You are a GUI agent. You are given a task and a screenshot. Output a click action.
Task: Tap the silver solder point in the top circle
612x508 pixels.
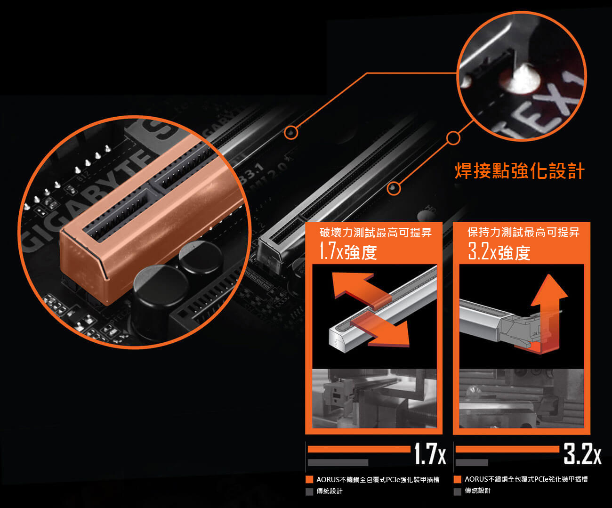(x=520, y=79)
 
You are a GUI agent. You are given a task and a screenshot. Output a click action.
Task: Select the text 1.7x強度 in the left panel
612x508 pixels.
(x=348, y=251)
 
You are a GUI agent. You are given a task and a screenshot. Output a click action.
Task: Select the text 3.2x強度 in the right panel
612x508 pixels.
(x=499, y=251)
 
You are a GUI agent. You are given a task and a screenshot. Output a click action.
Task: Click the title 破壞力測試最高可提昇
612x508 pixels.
(x=376, y=233)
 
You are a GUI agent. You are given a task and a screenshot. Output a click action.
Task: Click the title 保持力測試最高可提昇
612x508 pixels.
(x=523, y=232)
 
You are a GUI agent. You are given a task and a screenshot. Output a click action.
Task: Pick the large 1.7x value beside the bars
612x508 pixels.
(x=430, y=454)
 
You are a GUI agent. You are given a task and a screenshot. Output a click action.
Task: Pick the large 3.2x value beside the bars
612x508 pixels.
(x=582, y=454)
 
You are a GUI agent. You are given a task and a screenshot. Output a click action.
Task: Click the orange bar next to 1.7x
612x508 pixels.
(x=359, y=449)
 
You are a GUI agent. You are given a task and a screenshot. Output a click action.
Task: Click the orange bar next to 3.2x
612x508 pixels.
(x=507, y=449)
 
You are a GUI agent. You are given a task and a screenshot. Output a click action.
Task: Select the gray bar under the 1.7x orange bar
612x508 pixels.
(x=338, y=462)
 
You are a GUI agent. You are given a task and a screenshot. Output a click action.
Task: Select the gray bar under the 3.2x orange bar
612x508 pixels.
(x=472, y=462)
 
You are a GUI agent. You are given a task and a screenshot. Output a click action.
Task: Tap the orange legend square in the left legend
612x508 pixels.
(x=309, y=479)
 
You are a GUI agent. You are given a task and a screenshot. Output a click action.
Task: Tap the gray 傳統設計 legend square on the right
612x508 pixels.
(x=457, y=492)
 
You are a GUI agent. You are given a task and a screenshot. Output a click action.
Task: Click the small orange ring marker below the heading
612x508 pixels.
(x=394, y=188)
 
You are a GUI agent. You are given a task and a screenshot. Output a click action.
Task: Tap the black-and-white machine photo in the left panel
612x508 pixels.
(x=374, y=398)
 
